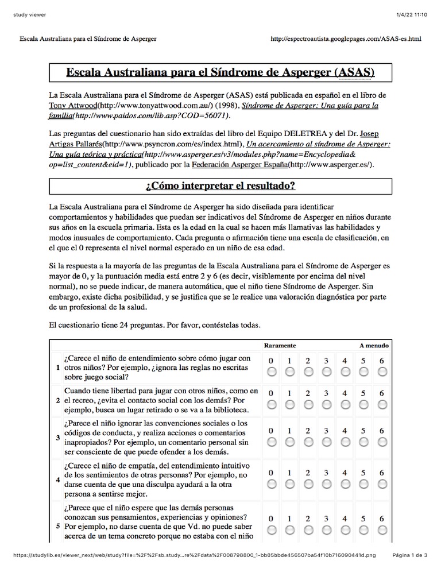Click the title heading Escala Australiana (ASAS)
coord(220,73)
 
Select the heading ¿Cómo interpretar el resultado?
coord(220,186)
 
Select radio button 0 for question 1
coord(272,372)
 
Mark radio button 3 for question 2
coord(327,404)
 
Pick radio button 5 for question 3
coord(363,441)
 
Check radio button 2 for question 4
coord(308,484)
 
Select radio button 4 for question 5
coord(345,529)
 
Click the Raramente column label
coord(280,346)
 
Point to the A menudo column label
coord(374,346)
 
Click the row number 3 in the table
coord(57,438)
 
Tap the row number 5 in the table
coord(57,525)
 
